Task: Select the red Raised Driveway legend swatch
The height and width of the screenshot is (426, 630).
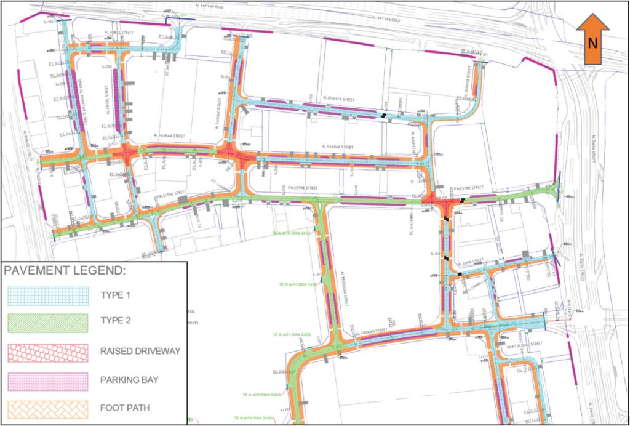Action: (47, 352)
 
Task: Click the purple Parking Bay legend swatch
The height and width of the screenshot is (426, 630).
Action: (47, 380)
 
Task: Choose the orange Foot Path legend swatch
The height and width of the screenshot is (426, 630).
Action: (47, 408)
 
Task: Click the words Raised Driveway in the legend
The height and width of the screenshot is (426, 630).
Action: (140, 352)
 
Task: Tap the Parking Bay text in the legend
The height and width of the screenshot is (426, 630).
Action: (129, 380)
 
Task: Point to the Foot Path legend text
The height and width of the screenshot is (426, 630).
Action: (124, 408)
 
